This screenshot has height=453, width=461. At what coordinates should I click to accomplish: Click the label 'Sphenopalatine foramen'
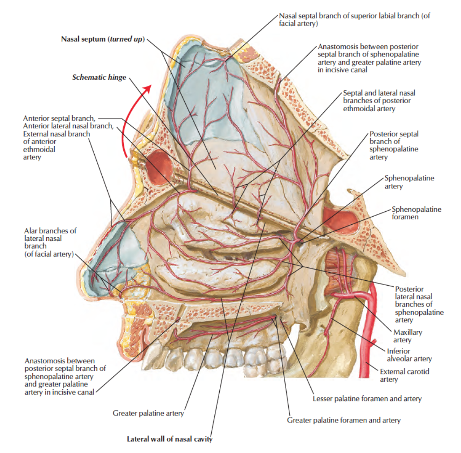tap(416, 213)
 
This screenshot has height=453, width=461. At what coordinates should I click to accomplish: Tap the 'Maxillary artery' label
tap(407, 336)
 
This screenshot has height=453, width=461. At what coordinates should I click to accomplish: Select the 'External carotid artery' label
tap(401, 375)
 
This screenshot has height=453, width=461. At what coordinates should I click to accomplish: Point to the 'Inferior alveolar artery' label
tap(409, 355)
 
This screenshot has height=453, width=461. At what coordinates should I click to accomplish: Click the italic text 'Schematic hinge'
tap(99, 77)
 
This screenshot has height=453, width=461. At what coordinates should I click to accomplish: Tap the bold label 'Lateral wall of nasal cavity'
tap(170, 439)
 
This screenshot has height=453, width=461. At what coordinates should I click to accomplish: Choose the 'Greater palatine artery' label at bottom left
tap(148, 413)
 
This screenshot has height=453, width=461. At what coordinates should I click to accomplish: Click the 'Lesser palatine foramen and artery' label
tap(367, 398)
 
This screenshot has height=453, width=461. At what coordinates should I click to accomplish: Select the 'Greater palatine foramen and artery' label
tap(344, 420)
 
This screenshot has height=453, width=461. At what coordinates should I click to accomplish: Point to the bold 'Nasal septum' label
tap(103, 39)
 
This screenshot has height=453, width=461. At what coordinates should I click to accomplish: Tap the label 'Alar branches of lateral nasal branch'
tap(50, 242)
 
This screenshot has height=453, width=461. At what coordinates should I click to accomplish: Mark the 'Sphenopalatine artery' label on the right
tap(409, 182)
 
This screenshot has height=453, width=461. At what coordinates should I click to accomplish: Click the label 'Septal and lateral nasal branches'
tap(379, 100)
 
